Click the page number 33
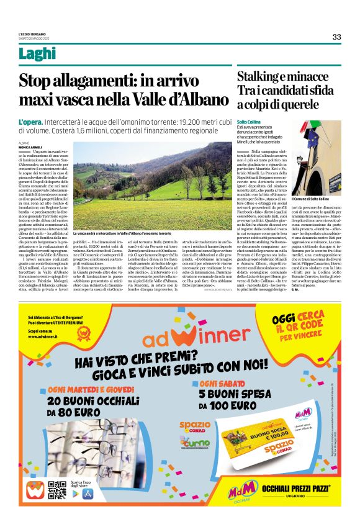[x=336, y=37]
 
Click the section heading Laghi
[x=37, y=54]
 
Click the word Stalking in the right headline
[x=261, y=77]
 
